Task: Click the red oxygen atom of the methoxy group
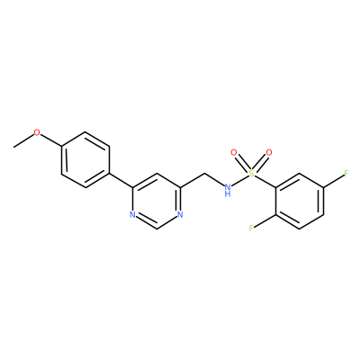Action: point(37,132)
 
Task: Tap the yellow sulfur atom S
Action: point(251,173)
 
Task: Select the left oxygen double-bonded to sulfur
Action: point(234,153)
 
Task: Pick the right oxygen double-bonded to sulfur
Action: point(269,153)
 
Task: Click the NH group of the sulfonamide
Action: point(228,190)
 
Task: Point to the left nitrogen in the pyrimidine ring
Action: point(133,215)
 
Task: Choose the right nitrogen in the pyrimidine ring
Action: point(180,215)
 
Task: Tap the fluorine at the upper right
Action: point(346,174)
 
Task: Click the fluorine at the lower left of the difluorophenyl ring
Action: point(251,229)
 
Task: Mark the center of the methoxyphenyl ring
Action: point(85,160)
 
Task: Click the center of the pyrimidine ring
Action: point(157,201)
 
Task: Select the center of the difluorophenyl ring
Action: point(300,201)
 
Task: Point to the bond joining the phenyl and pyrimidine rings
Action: point(121,181)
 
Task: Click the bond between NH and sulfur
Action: point(240,180)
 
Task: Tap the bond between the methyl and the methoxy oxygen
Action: point(23,140)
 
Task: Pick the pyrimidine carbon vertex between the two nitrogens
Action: point(157,229)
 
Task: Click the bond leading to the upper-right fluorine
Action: point(333,181)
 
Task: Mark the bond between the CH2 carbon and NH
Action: point(214,180)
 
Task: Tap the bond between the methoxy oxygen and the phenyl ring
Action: point(50,140)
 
